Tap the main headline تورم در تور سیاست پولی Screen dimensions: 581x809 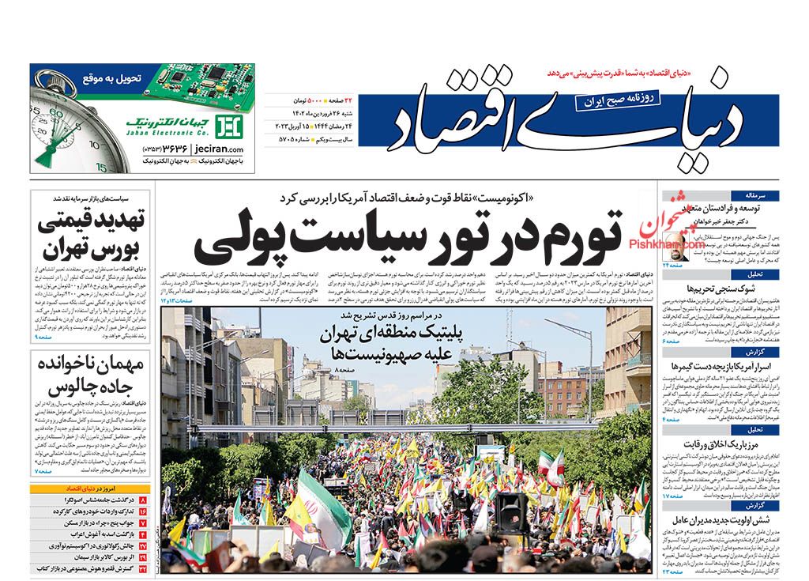point(410,235)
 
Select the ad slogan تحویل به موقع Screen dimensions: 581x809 point(109,78)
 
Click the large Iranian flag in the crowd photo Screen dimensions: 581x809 point(324,506)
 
